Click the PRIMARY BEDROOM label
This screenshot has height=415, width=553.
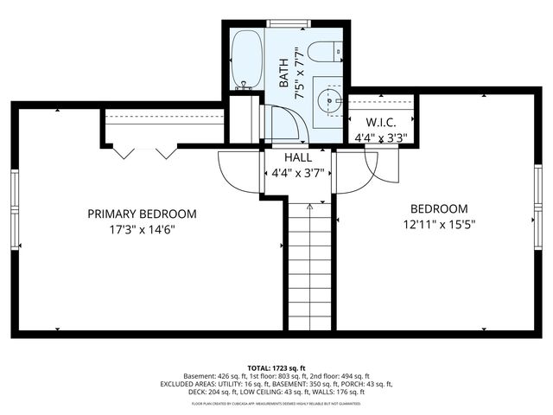click(x=143, y=214)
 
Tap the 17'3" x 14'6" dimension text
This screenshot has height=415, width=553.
click(x=143, y=230)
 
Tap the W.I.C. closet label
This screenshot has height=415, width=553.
click(x=381, y=123)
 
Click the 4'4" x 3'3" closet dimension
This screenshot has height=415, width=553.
click(x=381, y=137)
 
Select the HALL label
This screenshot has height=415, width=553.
click(x=298, y=158)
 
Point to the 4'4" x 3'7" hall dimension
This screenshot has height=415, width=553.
click(x=298, y=173)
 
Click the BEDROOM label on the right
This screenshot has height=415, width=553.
click(x=439, y=208)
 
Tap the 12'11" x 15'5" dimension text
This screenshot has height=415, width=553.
click(x=439, y=224)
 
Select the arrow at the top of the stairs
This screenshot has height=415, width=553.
click(x=310, y=208)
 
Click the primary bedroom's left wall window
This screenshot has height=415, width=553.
click(x=15, y=202)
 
